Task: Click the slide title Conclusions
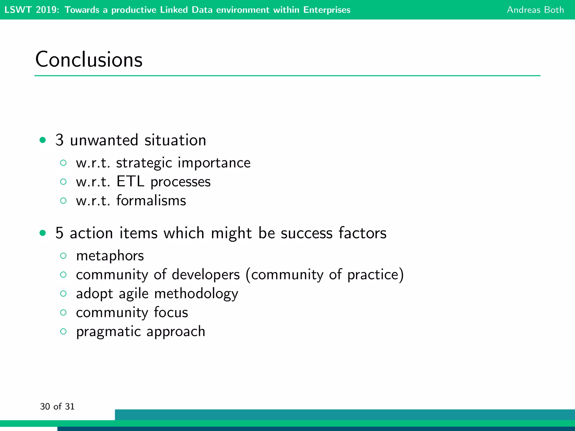pyautogui.click(x=89, y=59)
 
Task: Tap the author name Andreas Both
pyautogui.click(x=535, y=10)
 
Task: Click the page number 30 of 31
pyautogui.click(x=57, y=406)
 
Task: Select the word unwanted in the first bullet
pyautogui.click(x=104, y=140)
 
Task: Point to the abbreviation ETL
pyautogui.click(x=130, y=182)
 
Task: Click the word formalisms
pyautogui.click(x=151, y=201)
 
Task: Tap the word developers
pyautogui.click(x=206, y=275)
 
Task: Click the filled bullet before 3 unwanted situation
pyautogui.click(x=43, y=140)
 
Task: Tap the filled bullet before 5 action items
pyautogui.click(x=43, y=233)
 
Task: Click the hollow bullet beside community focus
pyautogui.click(x=63, y=313)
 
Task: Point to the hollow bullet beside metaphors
pyautogui.click(x=63, y=256)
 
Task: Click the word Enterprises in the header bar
pyautogui.click(x=327, y=10)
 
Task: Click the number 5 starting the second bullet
pyautogui.click(x=59, y=233)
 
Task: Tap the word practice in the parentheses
pyautogui.click(x=373, y=275)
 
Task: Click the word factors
pyautogui.click(x=362, y=233)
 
